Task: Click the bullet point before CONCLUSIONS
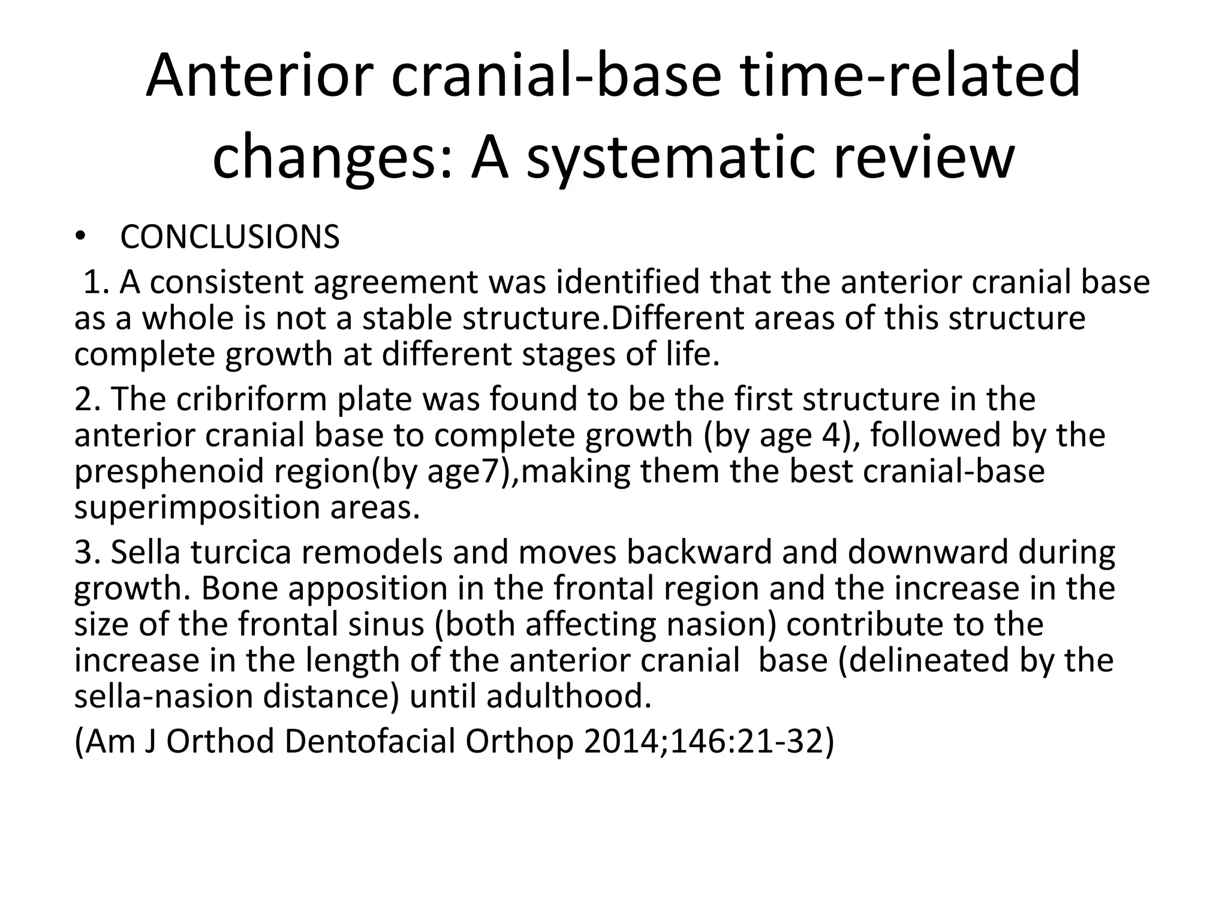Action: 81,238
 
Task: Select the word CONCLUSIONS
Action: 230,237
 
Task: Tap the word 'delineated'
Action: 942,660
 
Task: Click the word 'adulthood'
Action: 568,696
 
